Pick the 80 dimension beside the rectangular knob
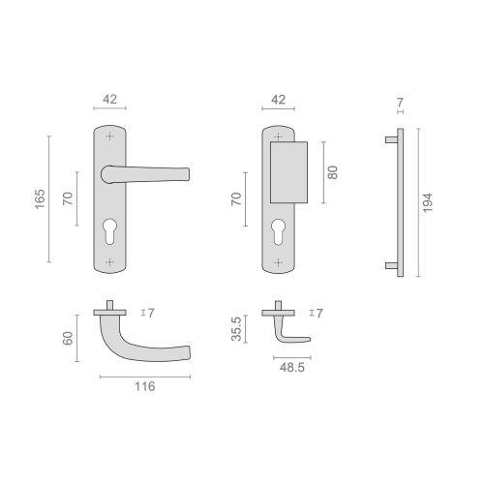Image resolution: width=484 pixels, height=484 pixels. pos(332,172)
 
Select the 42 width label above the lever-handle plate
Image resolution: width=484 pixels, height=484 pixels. pos(111,99)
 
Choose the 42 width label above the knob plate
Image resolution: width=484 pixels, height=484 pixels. pos(280,99)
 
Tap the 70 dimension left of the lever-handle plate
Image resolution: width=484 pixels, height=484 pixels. pos(68,199)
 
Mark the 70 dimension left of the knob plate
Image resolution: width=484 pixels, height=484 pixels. pos(235,200)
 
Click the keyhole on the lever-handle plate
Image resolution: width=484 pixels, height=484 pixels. pos(109,232)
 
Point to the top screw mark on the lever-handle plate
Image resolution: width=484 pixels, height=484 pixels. pos(109,137)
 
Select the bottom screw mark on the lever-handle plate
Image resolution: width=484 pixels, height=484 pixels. pos(109,261)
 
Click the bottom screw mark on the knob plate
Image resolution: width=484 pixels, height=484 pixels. pos(279,261)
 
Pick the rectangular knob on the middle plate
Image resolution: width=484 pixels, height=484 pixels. pos(287,170)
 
